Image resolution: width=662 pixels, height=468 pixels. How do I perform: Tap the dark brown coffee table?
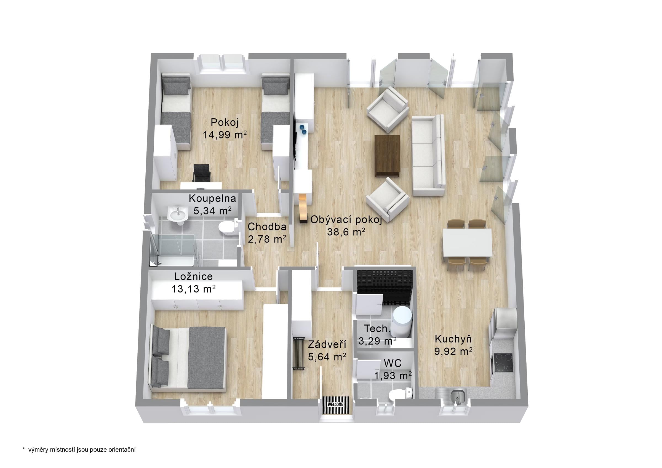point(387,156)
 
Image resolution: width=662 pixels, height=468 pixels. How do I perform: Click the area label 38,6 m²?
point(346,232)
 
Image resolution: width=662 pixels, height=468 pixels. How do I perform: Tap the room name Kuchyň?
point(453,339)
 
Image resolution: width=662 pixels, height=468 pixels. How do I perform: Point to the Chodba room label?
point(267,227)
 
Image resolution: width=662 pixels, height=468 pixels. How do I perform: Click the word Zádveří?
point(327,344)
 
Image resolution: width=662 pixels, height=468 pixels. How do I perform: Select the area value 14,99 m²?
point(225,135)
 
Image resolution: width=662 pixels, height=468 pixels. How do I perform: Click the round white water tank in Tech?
point(402,321)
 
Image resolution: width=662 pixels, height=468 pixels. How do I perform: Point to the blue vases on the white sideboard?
point(303,129)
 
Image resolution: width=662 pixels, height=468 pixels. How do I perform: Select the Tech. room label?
point(377,328)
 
